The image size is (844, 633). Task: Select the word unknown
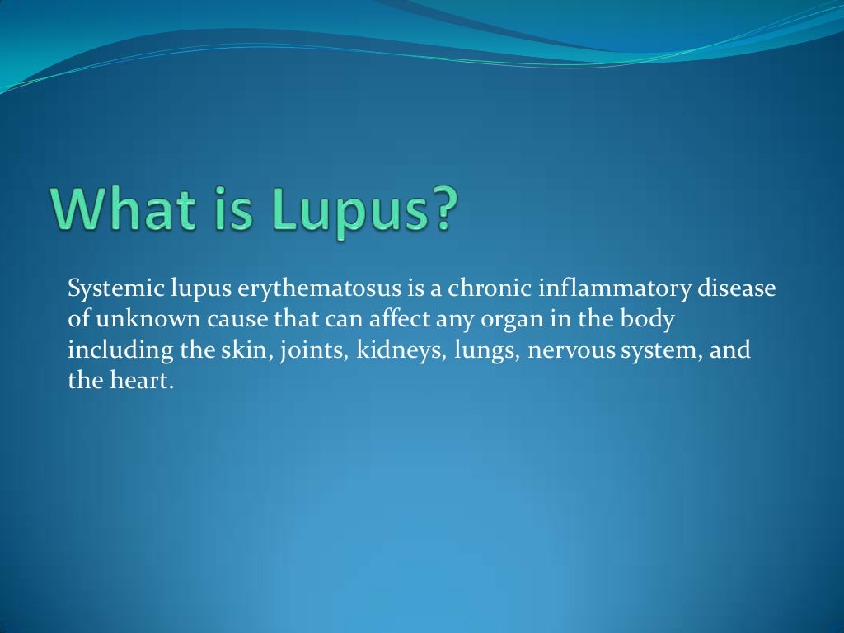tap(132, 321)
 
